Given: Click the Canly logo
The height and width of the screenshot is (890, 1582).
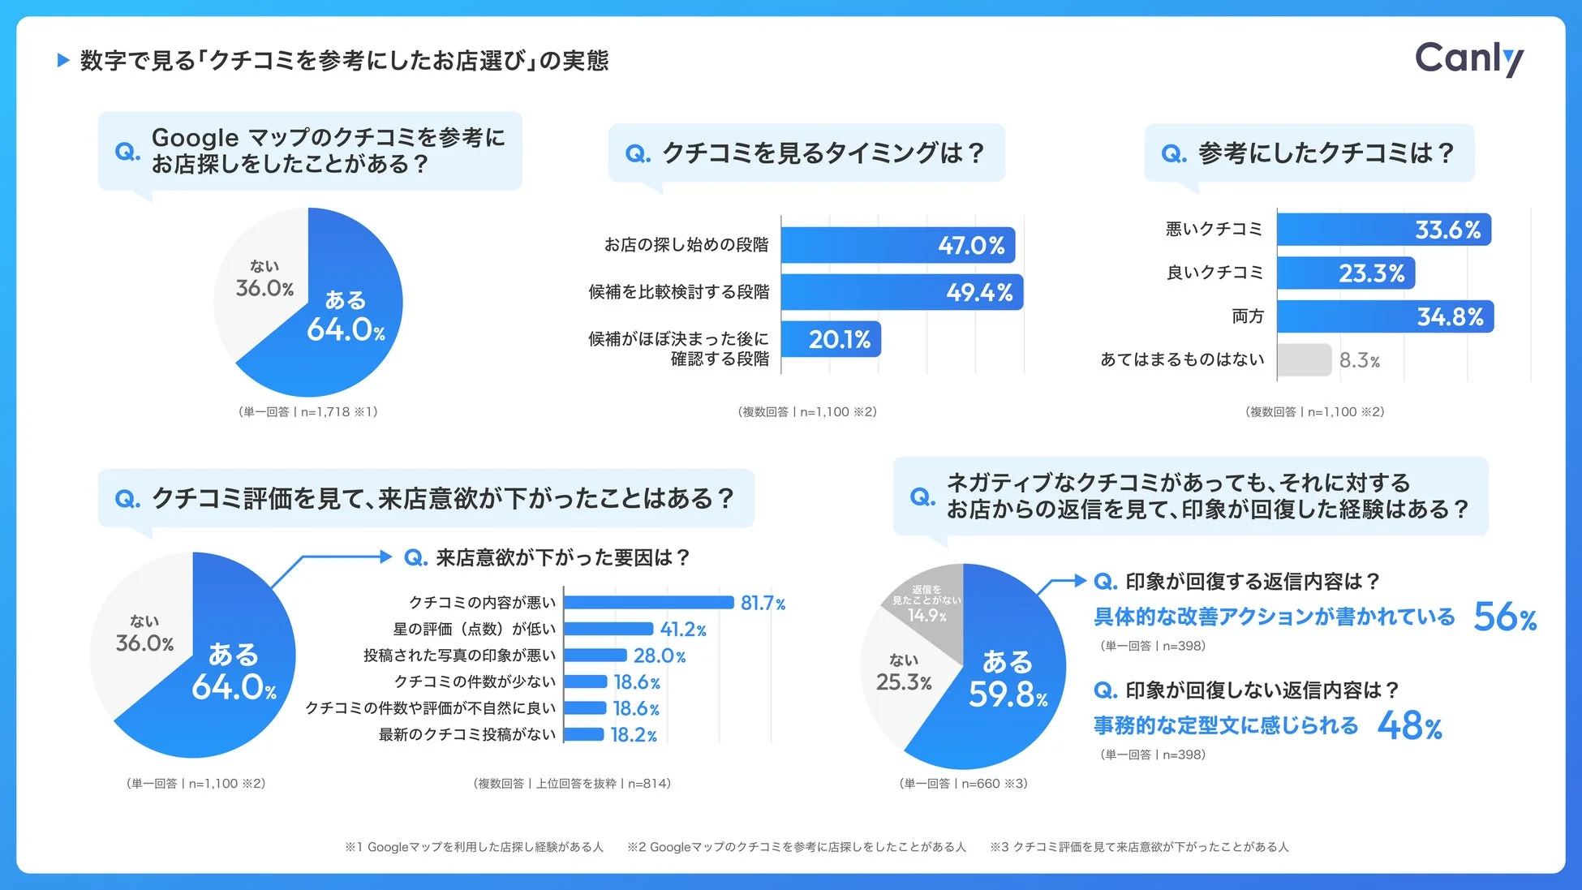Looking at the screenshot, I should (1468, 58).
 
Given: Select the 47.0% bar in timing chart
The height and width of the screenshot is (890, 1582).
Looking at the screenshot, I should (896, 245).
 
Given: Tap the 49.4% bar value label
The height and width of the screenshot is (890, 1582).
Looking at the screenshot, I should (979, 293).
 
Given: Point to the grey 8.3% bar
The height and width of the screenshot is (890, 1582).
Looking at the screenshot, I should (1304, 360).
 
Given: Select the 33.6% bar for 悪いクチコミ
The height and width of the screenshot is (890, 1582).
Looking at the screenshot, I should (1383, 230).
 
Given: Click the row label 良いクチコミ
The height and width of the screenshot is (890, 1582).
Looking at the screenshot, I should (1214, 273).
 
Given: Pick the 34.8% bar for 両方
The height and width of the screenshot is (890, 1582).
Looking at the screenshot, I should (1385, 316).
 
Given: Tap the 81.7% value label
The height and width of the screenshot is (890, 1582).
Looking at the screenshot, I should (763, 603).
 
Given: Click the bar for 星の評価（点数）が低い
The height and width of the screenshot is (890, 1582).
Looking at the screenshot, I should (608, 629).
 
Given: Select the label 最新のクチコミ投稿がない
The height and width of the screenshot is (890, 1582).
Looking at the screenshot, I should (467, 734).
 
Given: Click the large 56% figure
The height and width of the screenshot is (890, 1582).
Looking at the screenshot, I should (1505, 617).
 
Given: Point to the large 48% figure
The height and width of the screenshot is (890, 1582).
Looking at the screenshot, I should (1410, 725).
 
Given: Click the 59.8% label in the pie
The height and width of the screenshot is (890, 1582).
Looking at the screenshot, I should (1008, 694).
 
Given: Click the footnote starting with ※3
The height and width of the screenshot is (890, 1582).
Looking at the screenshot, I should (1138, 847).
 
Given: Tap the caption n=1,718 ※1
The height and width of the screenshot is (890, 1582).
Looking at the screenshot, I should (308, 412).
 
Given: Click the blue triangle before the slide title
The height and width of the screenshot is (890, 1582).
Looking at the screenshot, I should (63, 60).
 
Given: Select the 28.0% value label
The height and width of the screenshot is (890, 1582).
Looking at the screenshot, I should (659, 656).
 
